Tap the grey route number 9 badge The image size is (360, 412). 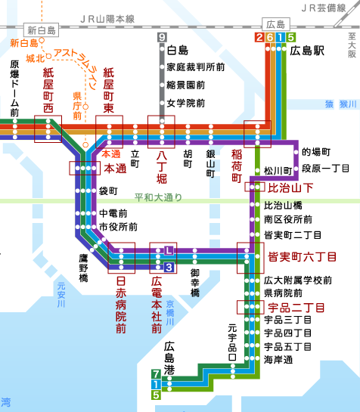click(162, 37)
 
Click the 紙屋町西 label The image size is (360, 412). click(48, 88)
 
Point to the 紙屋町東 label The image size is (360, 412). click(108, 88)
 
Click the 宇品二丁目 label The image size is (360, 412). click(296, 307)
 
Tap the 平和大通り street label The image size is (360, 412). click(158, 199)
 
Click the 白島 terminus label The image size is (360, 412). click(176, 51)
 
